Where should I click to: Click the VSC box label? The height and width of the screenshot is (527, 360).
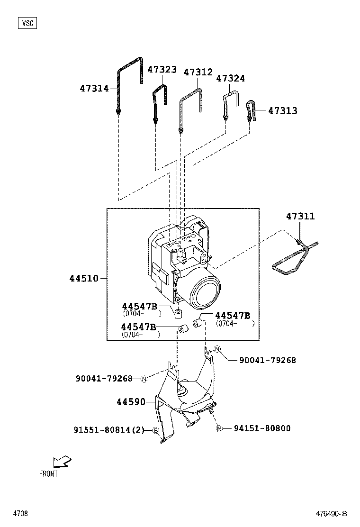28,23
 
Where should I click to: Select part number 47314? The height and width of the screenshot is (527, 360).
94,89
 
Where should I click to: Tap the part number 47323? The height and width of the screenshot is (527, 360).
162,70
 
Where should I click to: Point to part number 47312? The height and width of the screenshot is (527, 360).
198,73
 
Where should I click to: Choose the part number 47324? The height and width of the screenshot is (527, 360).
231,79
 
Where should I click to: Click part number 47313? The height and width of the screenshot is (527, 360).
283,111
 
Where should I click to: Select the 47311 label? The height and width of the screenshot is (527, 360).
300,217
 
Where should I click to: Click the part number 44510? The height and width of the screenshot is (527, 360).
84,278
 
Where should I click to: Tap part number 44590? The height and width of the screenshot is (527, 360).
131,402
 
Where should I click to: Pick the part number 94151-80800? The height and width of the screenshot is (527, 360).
262,428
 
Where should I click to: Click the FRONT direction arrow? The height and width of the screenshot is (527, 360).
63,461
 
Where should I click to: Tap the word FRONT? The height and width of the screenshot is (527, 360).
48,473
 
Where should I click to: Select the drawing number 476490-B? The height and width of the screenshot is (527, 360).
332,514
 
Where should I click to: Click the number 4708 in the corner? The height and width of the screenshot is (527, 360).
20,514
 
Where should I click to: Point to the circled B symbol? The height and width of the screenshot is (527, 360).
155,430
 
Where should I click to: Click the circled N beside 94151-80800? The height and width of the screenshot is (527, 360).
219,428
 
